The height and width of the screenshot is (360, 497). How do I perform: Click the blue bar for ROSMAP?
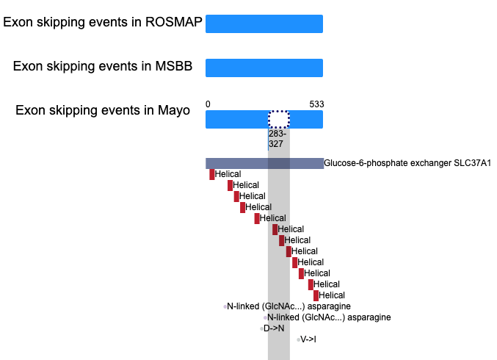[264, 24]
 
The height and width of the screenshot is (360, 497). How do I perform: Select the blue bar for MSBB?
[264, 68]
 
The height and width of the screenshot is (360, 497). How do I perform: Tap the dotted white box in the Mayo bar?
[279, 119]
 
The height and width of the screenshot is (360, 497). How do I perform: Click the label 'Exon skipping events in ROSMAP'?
[103, 23]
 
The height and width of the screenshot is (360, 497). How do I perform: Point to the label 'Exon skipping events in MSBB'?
[103, 67]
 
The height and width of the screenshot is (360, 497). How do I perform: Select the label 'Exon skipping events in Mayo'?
[103, 111]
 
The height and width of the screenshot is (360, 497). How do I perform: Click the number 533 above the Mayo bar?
[316, 104]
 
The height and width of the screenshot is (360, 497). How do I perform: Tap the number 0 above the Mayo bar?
[208, 104]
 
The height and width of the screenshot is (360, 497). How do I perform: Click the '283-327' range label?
[277, 139]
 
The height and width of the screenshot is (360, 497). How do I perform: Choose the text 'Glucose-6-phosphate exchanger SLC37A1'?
[407, 163]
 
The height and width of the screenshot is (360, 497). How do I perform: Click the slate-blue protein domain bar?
[265, 163]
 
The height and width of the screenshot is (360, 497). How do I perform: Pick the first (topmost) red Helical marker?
[211, 174]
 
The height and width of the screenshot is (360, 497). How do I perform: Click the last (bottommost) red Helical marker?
[316, 295]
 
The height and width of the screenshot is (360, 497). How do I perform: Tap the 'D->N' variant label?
[274, 328]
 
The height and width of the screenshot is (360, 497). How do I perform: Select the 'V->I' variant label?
[308, 339]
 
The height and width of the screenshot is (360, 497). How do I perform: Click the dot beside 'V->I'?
[298, 339]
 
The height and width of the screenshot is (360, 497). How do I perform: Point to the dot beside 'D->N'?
[261, 328]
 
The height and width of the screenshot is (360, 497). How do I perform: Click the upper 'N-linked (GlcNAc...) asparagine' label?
[289, 306]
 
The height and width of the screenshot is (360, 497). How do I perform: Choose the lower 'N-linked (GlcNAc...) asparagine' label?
[329, 317]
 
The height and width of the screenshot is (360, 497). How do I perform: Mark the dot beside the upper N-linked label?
[225, 306]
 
